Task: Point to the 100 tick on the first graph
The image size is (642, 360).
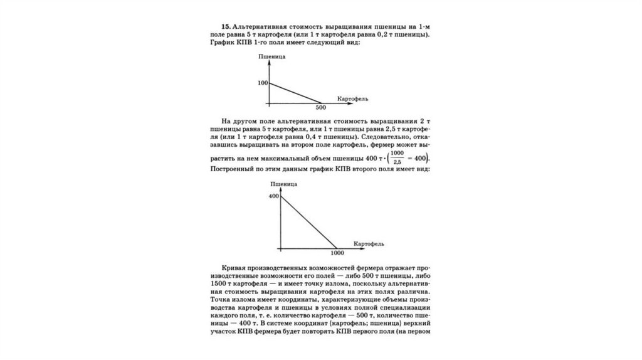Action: coord(261,83)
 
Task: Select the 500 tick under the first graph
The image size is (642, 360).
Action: coord(321,108)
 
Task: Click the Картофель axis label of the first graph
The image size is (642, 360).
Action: coord(352,99)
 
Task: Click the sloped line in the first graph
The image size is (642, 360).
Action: coord(295,93)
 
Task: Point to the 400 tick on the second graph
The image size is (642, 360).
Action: coord(273,197)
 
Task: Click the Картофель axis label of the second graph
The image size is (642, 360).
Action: coord(368,243)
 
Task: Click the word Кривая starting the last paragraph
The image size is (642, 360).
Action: coord(236,267)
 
